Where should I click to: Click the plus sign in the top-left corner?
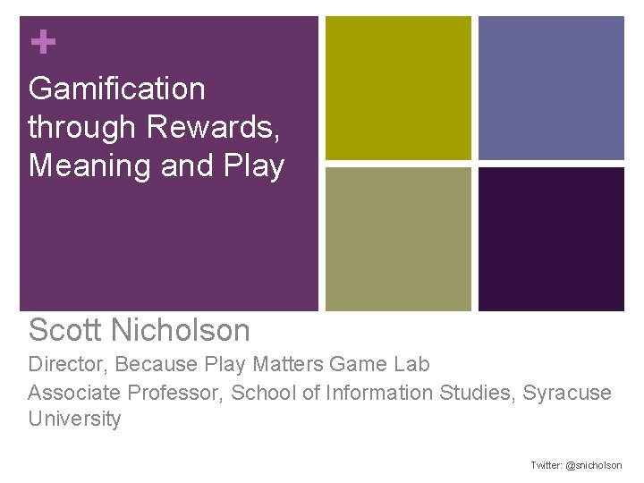coord(42,41)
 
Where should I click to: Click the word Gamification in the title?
coord(117,89)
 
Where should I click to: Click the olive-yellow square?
coord(398,88)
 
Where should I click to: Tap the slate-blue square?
coord(551,88)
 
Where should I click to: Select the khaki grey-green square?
coord(398,239)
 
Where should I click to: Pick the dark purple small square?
coord(551,239)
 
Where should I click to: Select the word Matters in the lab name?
coord(288,364)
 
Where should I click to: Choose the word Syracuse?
coord(567,392)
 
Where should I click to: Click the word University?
coord(74,419)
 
